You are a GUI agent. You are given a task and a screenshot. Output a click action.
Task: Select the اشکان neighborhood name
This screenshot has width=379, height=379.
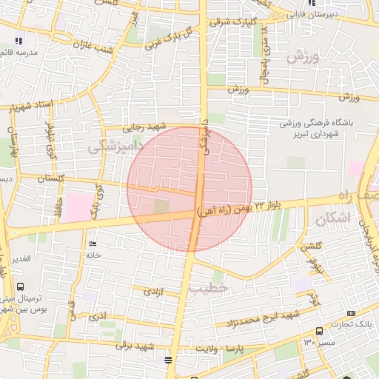point(330,220)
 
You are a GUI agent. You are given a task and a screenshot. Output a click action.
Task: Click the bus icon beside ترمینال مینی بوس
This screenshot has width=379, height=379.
point(19,286)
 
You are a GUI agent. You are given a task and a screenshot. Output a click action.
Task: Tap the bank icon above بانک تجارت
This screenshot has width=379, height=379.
point(319,331)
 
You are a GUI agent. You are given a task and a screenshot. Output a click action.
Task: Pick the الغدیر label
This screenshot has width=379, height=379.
point(19,258)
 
